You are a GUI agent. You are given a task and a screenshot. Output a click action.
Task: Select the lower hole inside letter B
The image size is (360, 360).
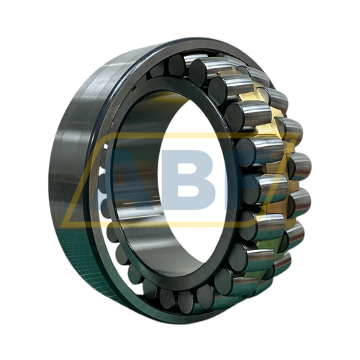189,191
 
